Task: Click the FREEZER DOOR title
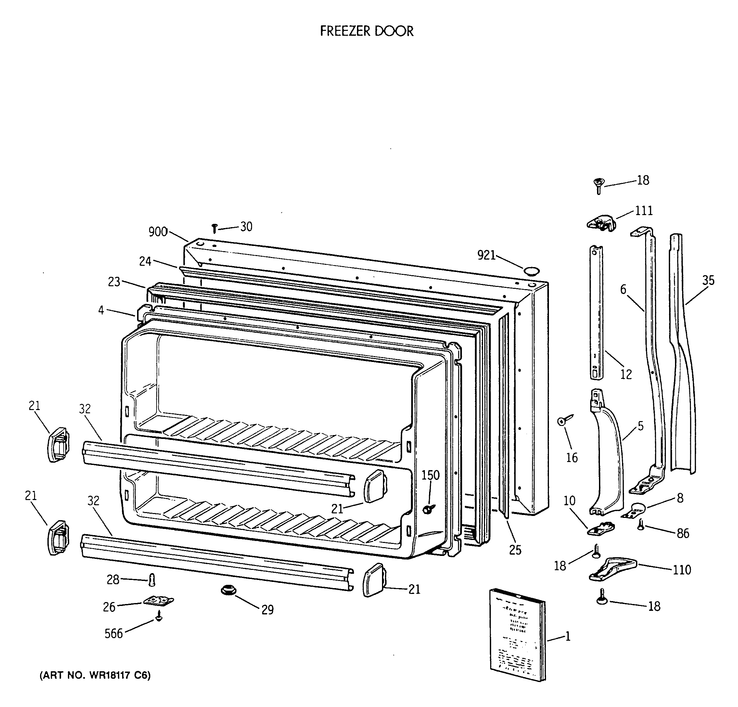coord(367,31)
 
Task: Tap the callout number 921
coord(486,255)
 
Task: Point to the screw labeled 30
coord(215,228)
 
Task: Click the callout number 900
coord(158,232)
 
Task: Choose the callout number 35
coord(708,280)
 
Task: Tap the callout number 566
coord(114,634)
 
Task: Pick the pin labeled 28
coord(152,580)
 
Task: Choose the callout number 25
coord(515,550)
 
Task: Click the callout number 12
coord(626,374)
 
